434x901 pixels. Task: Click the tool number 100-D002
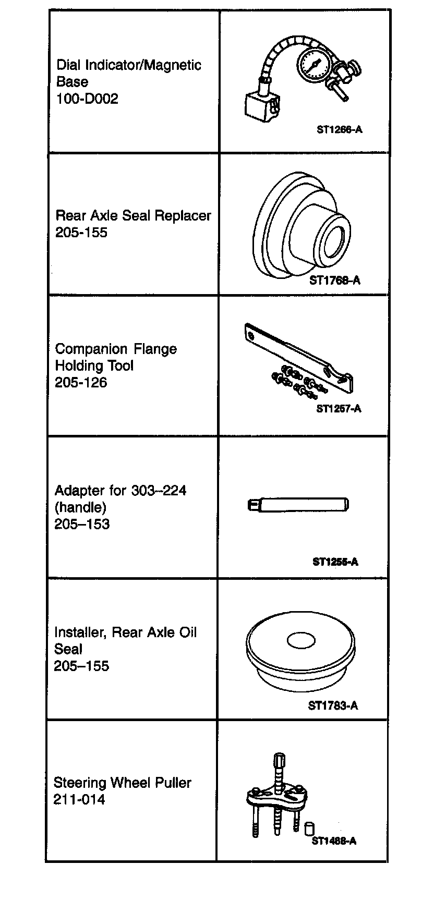[87, 99]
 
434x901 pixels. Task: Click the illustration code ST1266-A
[339, 129]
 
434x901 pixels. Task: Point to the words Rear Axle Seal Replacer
[133, 215]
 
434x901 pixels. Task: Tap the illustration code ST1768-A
[334, 281]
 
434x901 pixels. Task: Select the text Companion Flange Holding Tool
[116, 357]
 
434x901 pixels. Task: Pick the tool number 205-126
[81, 383]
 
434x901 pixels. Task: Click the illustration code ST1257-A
[339, 409]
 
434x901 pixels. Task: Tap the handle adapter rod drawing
[298, 505]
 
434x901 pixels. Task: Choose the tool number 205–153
[82, 524]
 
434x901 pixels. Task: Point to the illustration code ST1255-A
[335, 562]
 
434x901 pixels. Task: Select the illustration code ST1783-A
[333, 706]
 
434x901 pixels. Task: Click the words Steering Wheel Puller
[122, 783]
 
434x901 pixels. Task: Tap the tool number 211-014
[79, 799]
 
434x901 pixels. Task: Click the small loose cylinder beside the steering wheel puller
[309, 828]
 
